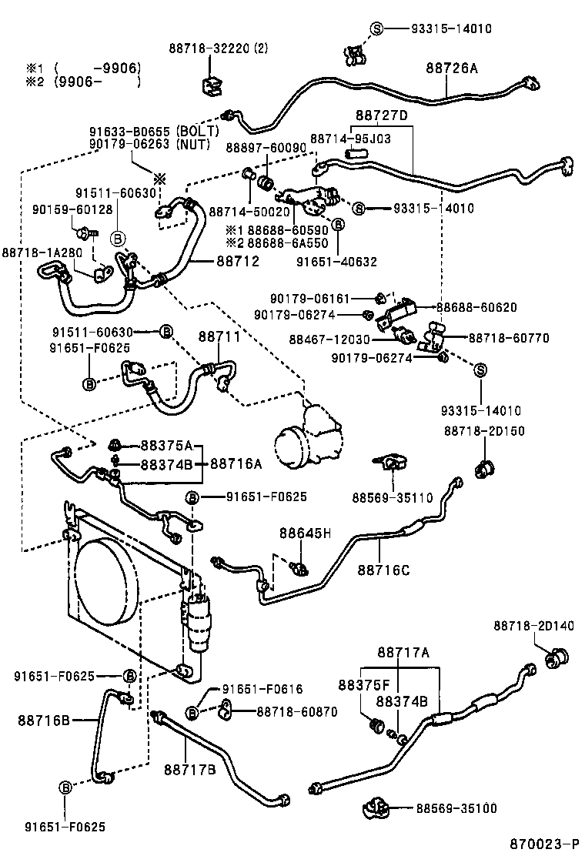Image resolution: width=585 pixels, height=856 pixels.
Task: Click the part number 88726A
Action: (452, 69)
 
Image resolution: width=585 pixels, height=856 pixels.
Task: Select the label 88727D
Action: (381, 115)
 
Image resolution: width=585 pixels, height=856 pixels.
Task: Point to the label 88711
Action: (219, 336)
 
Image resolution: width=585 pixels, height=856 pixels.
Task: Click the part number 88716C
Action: (383, 570)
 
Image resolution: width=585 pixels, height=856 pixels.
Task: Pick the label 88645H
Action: (305, 533)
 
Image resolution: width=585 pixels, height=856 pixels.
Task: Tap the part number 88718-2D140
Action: (533, 627)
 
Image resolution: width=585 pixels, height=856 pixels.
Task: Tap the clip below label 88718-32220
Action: (210, 86)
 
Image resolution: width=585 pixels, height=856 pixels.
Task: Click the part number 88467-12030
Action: (330, 339)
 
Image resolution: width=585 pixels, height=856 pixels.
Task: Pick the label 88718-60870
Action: (296, 712)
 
